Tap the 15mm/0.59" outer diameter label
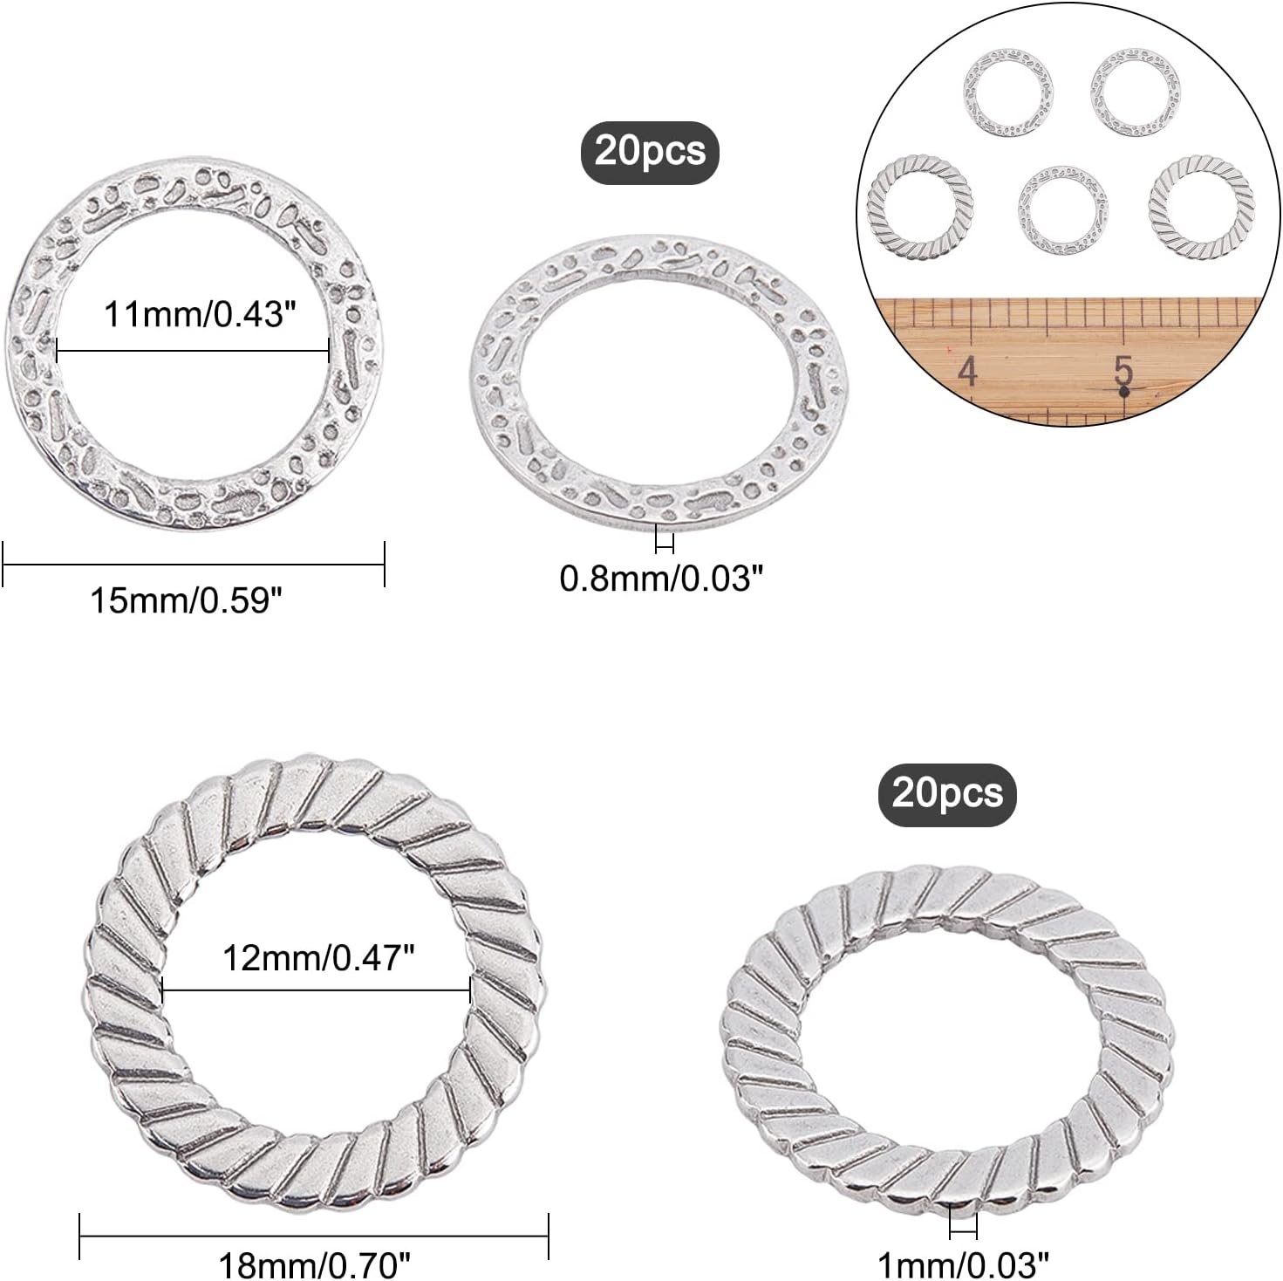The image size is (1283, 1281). [186, 600]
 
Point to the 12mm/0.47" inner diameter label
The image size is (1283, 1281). [318, 958]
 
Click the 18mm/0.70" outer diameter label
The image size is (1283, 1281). [314, 1264]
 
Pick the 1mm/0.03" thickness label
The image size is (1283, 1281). [963, 1263]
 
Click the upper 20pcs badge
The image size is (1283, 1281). [650, 152]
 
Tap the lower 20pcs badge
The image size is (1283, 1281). [947, 794]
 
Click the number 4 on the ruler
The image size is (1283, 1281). [967, 373]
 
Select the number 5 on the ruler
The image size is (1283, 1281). [1123, 370]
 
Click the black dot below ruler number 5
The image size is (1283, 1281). [1123, 393]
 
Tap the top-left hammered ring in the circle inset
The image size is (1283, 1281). [1007, 92]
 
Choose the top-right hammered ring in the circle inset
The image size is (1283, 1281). [1135, 92]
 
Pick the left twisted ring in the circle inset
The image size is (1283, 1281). [920, 208]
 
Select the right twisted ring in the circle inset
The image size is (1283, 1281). [1201, 206]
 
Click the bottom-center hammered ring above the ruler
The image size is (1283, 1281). [1061, 210]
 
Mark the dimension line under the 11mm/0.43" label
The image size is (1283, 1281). [192, 351]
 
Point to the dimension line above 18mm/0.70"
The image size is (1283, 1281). [314, 1236]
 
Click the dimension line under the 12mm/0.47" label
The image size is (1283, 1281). [317, 990]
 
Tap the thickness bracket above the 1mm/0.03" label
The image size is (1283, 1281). [963, 1227]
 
